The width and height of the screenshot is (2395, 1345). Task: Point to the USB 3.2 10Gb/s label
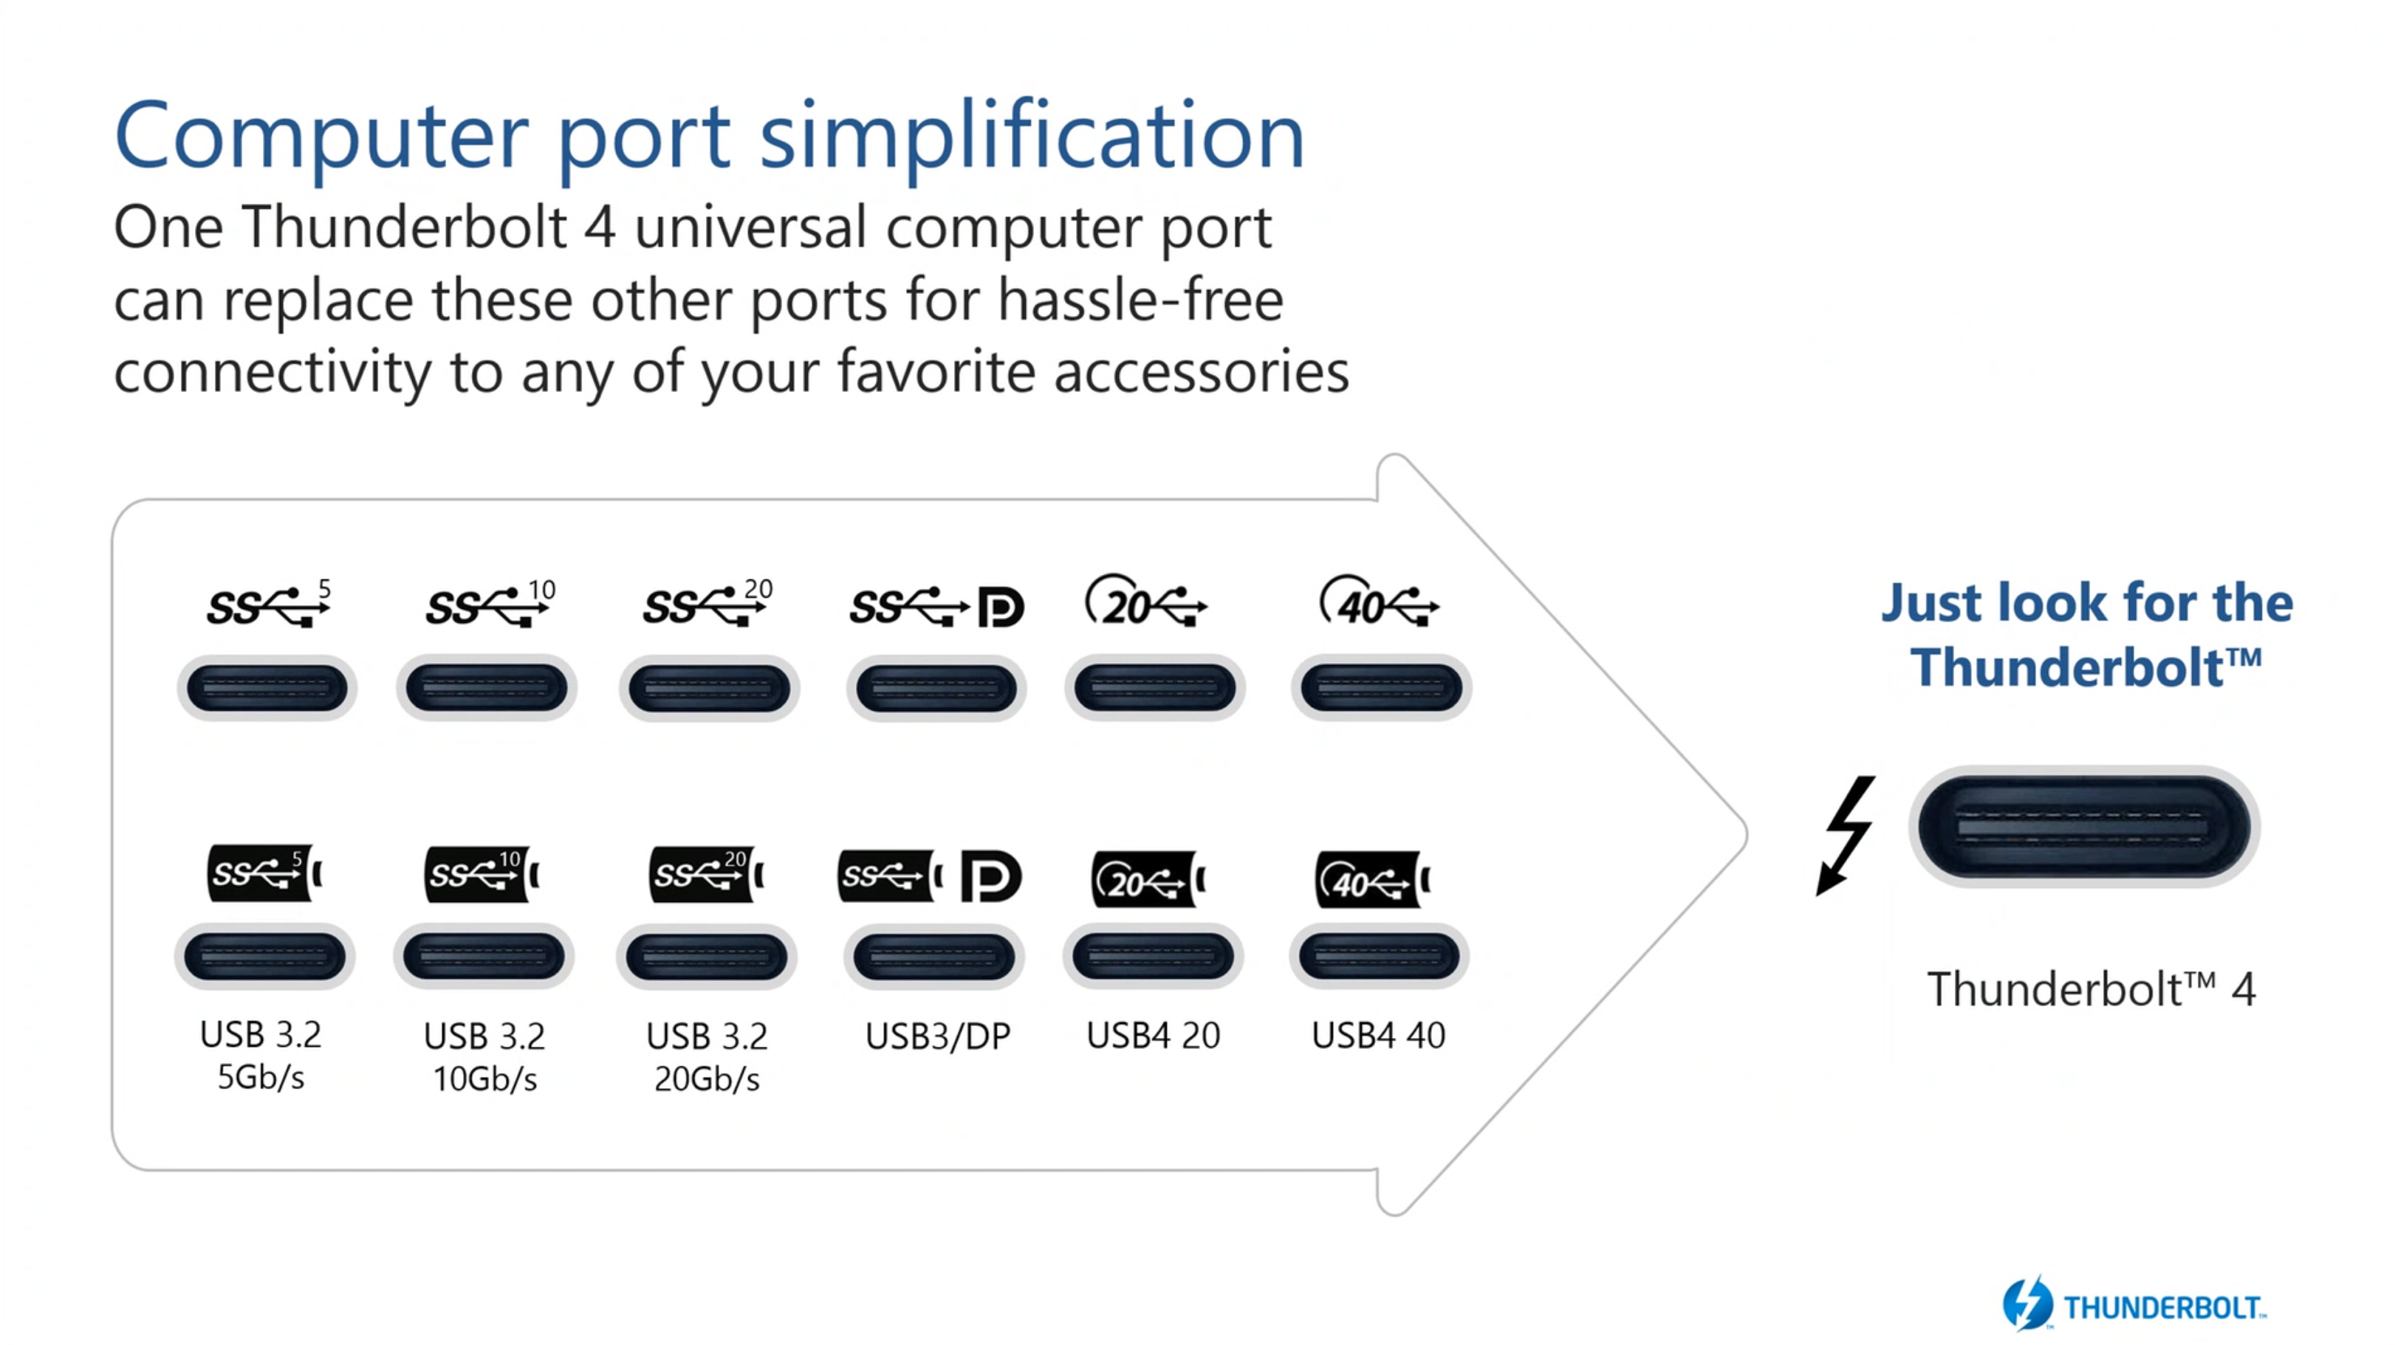484,1057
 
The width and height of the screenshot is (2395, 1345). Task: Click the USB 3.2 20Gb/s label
707,1057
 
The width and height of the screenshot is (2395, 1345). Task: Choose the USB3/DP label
937,1036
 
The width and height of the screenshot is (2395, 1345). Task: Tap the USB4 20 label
1153,1036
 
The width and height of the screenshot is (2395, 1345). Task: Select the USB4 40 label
1378,1036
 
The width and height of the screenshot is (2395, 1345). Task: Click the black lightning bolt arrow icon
1846,833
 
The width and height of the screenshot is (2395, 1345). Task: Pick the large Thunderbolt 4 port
2083,826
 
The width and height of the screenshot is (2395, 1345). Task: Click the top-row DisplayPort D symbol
1001,607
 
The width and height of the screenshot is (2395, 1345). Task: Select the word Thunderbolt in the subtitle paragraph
405,227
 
